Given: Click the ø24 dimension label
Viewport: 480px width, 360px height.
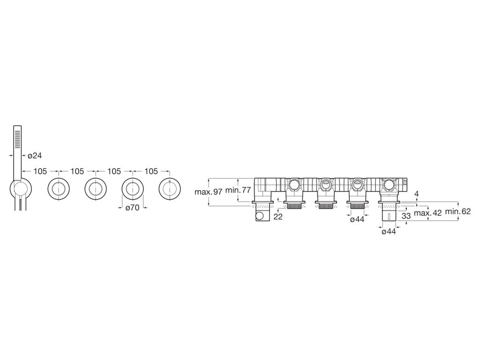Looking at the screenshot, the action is tap(35, 156).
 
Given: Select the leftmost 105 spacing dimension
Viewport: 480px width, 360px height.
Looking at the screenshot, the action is tap(40, 171).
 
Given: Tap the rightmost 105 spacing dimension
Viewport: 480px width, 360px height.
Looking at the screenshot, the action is tap(151, 171).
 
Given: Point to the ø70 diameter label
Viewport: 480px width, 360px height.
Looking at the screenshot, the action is tap(133, 208).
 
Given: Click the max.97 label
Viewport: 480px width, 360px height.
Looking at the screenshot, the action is tap(208, 192).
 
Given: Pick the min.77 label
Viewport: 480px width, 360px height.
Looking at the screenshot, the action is tap(238, 190).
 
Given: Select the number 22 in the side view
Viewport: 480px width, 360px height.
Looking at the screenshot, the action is tap(278, 217).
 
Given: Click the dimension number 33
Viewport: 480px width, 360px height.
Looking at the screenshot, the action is tap(406, 216).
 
